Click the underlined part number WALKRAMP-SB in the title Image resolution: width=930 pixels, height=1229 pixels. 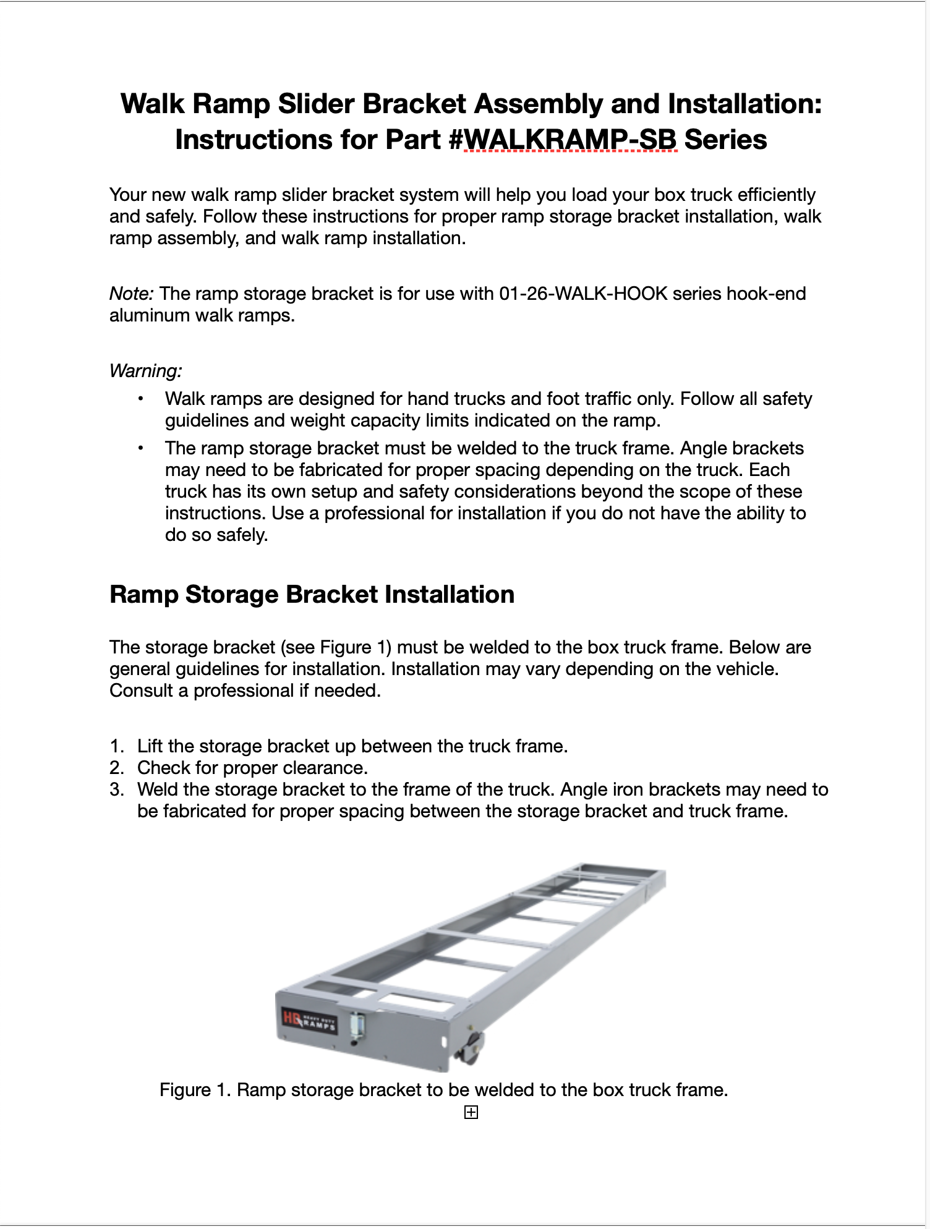(x=570, y=140)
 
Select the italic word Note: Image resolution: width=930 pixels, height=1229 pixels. (x=131, y=294)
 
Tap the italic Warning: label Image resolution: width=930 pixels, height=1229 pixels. (x=145, y=371)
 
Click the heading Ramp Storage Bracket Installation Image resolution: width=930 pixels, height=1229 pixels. (x=312, y=595)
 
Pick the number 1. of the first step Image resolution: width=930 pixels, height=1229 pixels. (x=117, y=746)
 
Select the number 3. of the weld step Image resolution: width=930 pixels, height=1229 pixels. (x=117, y=789)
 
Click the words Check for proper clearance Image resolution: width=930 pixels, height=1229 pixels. (x=252, y=768)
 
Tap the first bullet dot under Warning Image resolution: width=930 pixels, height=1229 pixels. (x=141, y=399)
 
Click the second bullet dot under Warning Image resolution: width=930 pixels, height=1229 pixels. (x=141, y=448)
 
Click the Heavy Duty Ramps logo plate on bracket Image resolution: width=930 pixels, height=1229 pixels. (x=309, y=1022)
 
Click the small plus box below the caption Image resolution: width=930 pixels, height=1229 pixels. (x=471, y=1113)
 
